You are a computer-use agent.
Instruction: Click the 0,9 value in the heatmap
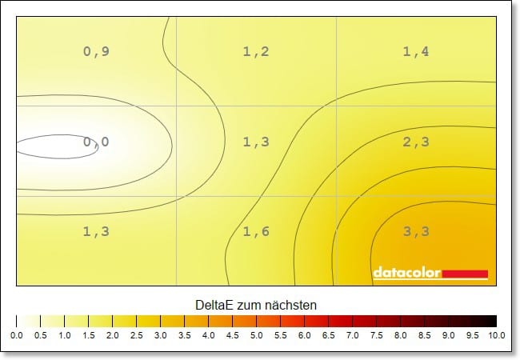click(96, 52)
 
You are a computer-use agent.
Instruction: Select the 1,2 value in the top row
click(256, 52)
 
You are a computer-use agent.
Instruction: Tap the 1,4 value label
click(416, 52)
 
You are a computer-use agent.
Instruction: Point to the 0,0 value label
click(96, 142)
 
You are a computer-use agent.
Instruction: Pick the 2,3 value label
click(416, 142)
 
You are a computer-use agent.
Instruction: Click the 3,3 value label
click(416, 232)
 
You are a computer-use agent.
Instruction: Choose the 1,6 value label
click(256, 232)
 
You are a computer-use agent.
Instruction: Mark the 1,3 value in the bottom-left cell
click(96, 232)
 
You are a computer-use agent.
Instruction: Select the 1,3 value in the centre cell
click(256, 142)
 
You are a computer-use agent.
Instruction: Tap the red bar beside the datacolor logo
click(465, 274)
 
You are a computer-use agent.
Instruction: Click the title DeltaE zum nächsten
click(256, 306)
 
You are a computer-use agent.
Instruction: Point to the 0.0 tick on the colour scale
click(16, 336)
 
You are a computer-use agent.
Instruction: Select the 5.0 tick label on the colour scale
click(256, 336)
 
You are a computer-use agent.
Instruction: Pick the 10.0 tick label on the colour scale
click(495, 336)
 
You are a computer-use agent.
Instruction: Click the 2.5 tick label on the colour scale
click(136, 336)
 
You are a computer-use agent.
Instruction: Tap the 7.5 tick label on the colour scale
click(376, 336)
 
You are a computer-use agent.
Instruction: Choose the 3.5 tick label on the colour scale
click(184, 336)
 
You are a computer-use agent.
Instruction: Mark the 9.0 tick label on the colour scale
click(448, 336)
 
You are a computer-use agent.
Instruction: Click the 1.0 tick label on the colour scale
click(64, 336)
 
